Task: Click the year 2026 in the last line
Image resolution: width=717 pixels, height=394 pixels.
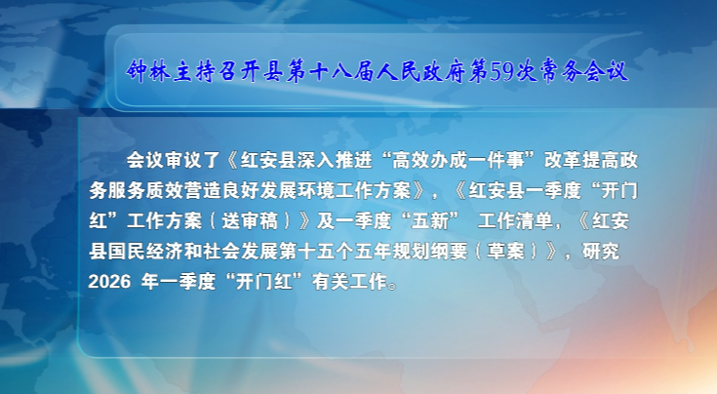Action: click(106, 284)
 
